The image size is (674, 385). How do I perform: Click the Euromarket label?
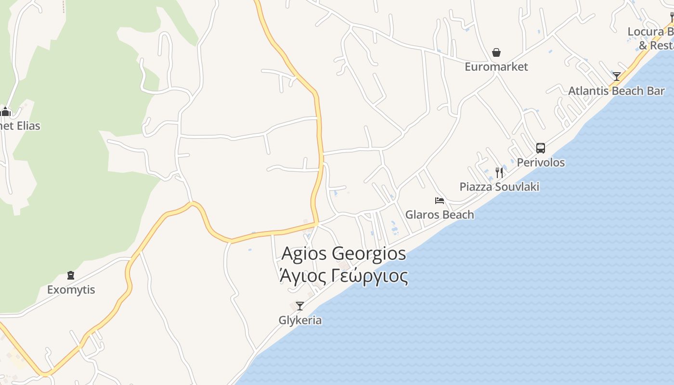[x=496, y=67]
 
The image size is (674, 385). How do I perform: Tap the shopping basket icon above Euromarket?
[x=496, y=52]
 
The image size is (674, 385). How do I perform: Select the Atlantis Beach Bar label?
[x=616, y=91]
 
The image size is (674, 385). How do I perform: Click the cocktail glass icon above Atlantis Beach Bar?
[x=617, y=76]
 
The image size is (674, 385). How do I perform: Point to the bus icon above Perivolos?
[x=541, y=148]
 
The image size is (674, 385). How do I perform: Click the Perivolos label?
[x=541, y=162]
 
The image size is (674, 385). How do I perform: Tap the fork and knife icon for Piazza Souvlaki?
[x=499, y=172]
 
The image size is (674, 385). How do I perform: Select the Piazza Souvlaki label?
[x=499, y=187]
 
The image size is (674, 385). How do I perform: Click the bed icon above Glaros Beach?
[x=440, y=200]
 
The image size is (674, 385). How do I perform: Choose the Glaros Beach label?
[x=440, y=215]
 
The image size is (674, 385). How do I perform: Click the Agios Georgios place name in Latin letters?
[x=343, y=253]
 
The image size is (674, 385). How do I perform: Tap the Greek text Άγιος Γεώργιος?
[x=343, y=276]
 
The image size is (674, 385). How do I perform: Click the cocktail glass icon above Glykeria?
[x=300, y=306]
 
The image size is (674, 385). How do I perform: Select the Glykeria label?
[x=300, y=320]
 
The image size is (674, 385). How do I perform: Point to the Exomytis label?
[x=71, y=290]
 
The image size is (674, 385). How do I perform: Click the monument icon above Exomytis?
[x=71, y=275]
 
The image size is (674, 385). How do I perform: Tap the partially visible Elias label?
[x=20, y=126]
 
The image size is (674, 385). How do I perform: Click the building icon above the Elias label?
[x=6, y=112]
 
